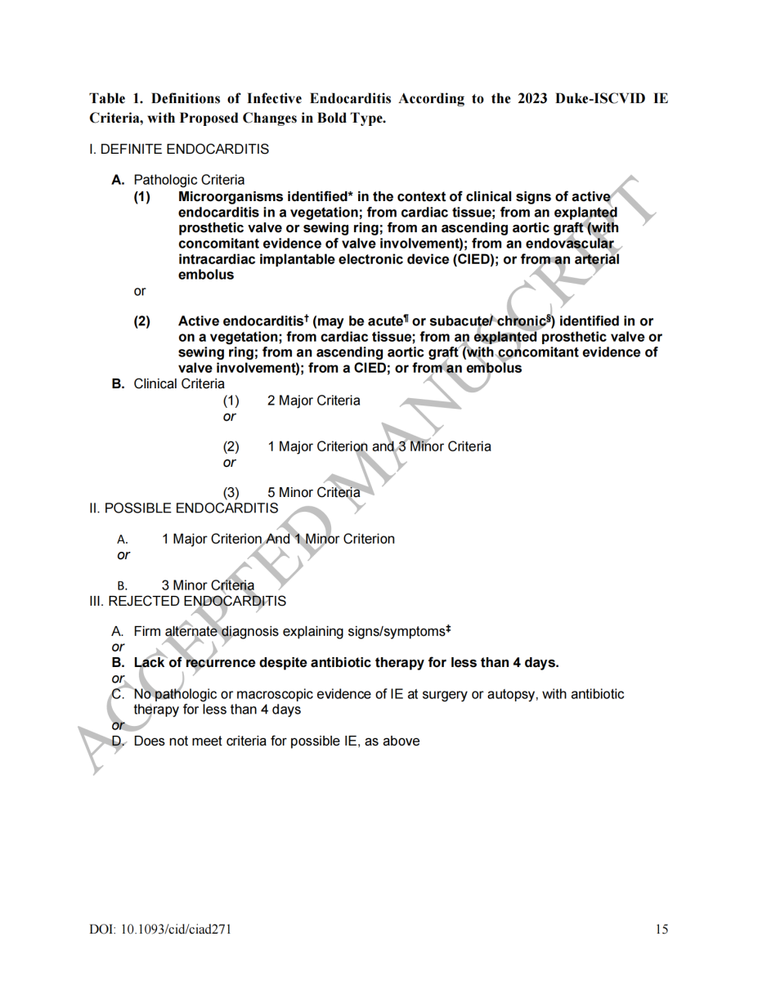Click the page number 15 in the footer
click(x=662, y=929)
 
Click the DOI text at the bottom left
click(x=154, y=929)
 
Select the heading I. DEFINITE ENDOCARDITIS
click(x=179, y=150)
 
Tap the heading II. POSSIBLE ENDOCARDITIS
click(x=183, y=508)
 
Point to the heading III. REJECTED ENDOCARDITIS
click(x=187, y=601)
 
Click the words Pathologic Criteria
click(x=189, y=180)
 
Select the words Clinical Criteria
click(x=179, y=384)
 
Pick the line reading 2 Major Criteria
click(x=313, y=401)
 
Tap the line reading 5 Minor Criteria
click(x=313, y=492)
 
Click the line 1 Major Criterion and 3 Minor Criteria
click(x=379, y=446)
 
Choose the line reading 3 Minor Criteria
click(x=208, y=585)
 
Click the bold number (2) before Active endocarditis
click(x=142, y=321)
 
